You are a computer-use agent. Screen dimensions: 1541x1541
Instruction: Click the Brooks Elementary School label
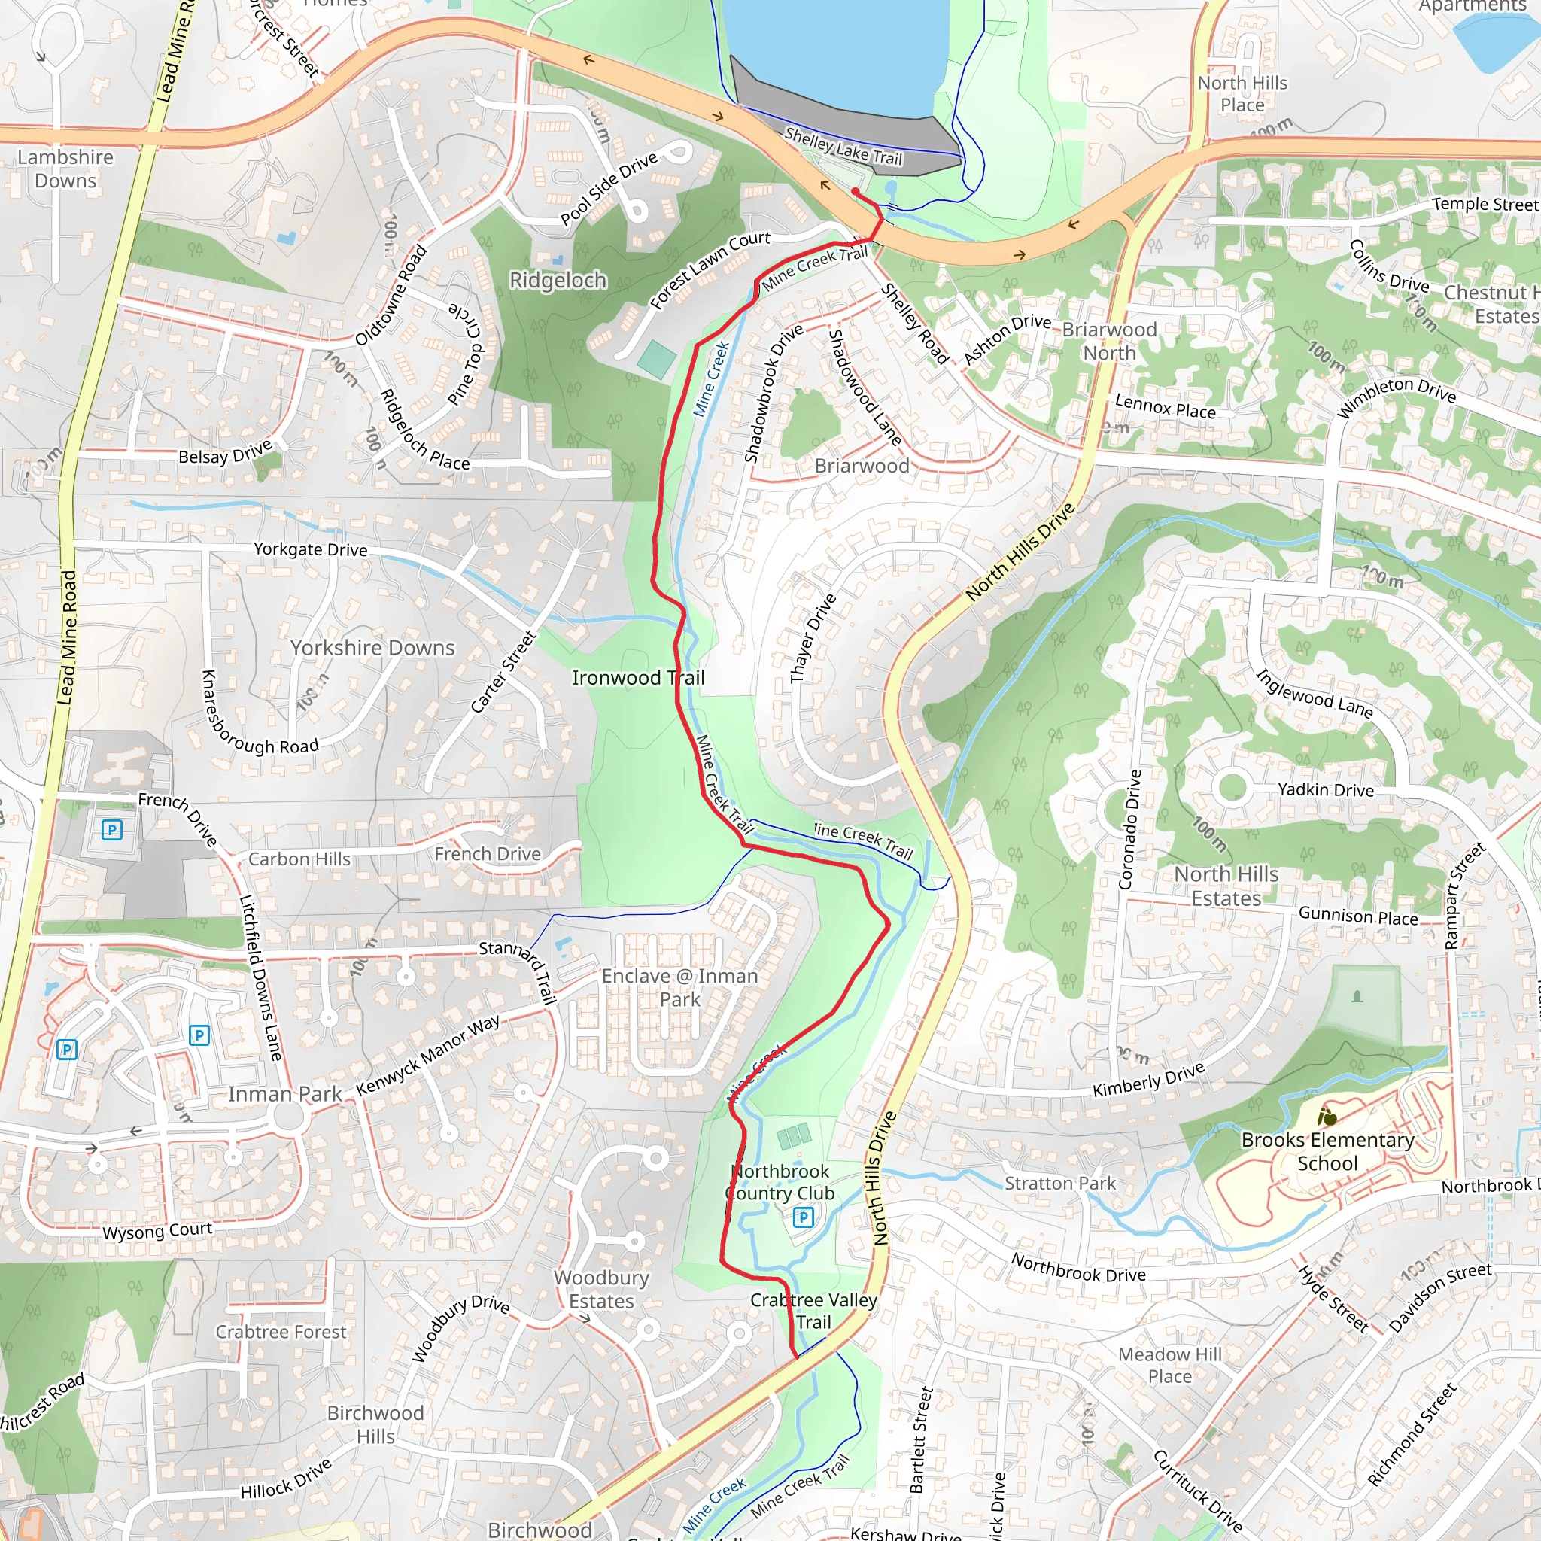tap(1327, 1151)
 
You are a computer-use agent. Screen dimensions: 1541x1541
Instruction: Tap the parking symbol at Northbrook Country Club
tap(803, 1217)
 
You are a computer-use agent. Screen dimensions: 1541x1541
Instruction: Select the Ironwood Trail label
tap(638, 678)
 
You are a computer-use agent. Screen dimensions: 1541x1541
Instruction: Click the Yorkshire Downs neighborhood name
tap(372, 648)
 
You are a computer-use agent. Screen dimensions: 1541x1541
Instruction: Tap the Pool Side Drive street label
tap(609, 188)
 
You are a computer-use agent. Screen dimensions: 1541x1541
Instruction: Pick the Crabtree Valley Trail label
tap(813, 1311)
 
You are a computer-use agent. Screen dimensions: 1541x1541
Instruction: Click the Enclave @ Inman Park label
tap(679, 987)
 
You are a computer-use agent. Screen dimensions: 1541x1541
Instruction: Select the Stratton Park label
tap(1059, 1183)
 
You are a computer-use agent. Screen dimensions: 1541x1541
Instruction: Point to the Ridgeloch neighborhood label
tap(558, 281)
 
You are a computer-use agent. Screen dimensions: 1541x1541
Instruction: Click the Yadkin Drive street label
tap(1326, 789)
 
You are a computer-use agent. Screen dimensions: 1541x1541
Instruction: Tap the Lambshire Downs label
tap(65, 169)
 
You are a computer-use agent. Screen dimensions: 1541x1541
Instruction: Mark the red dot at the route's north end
tap(855, 191)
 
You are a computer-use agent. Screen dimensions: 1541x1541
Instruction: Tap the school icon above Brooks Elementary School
tap(1327, 1117)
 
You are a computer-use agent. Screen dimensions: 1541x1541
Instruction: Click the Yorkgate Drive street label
tap(310, 549)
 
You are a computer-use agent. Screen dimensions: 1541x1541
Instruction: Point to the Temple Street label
tap(1484, 204)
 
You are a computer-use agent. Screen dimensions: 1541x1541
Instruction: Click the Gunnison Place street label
tap(1357, 916)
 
